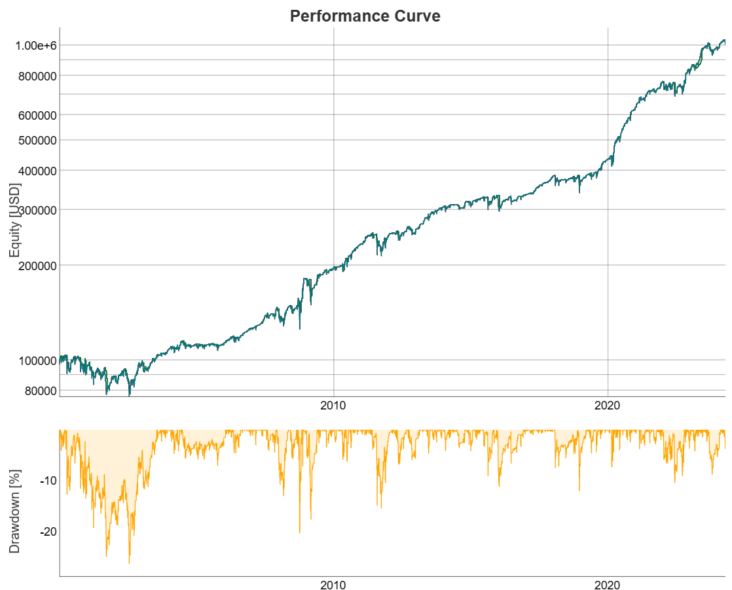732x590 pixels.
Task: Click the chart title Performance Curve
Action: (x=365, y=16)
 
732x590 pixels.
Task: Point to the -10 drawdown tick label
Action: (x=48, y=481)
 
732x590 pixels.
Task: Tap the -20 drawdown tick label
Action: (x=48, y=532)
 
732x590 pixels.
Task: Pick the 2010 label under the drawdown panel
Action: (x=333, y=585)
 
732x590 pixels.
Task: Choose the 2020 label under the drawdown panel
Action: (x=608, y=585)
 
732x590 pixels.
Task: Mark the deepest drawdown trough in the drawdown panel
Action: (x=129, y=563)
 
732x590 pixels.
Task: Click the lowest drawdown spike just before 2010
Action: (x=300, y=532)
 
